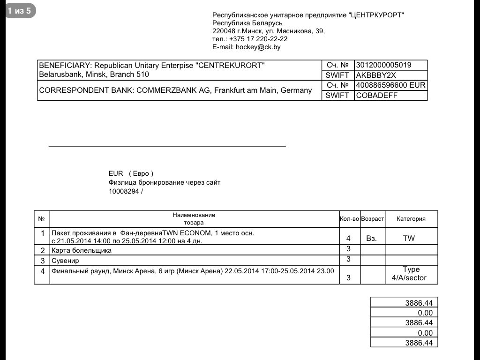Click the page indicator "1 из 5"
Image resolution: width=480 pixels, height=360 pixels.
point(20,11)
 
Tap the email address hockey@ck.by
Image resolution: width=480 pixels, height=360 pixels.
point(258,47)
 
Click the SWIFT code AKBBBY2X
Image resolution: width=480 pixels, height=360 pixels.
point(376,75)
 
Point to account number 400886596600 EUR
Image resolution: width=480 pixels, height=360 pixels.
point(390,85)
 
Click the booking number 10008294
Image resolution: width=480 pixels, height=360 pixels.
point(124,191)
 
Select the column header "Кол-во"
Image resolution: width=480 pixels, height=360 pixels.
point(349,219)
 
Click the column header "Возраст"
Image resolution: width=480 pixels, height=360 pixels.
point(373,219)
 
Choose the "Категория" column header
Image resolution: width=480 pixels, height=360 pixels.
point(411,219)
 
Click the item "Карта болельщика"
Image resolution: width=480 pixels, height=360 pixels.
point(82,250)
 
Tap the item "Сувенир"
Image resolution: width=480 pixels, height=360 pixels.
point(65,261)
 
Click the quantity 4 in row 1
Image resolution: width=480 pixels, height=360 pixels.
point(348,239)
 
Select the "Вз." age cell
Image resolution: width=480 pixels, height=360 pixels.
point(371,239)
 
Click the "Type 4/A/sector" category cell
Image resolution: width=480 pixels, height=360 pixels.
point(409,274)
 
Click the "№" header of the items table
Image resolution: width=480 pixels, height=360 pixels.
point(41,219)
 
